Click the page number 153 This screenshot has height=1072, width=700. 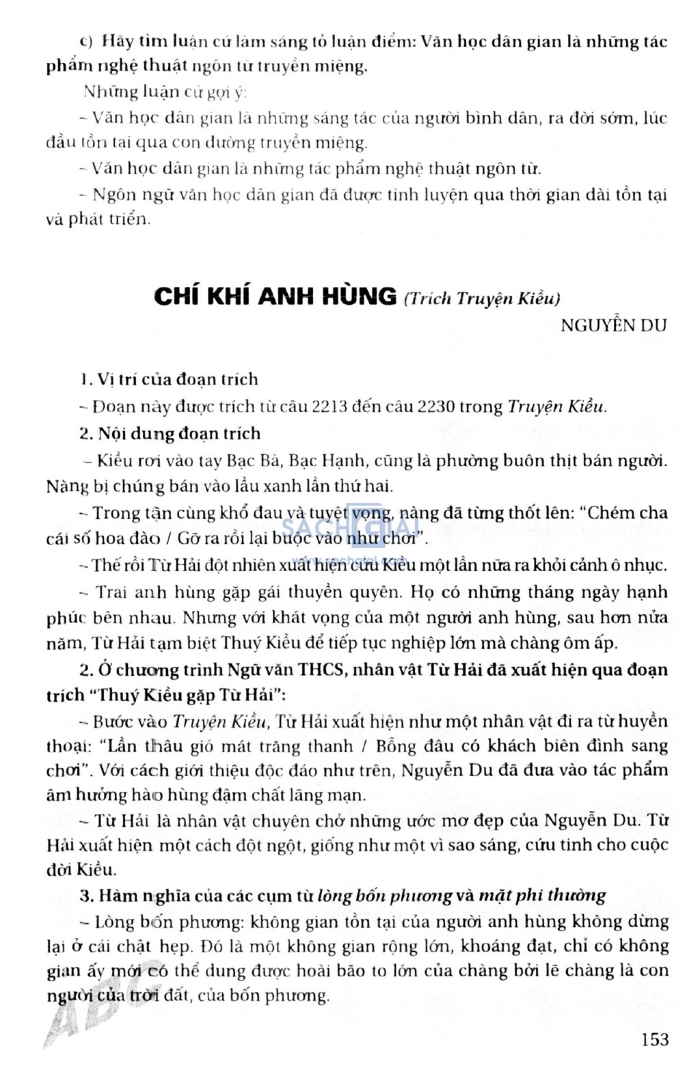(655, 1039)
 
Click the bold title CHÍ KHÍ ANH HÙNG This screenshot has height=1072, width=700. (275, 296)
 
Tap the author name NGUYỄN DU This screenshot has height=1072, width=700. (613, 326)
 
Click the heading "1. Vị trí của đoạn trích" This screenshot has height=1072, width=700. (168, 379)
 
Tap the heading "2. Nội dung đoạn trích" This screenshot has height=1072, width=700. (170, 433)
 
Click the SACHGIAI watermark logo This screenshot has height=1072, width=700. (349, 527)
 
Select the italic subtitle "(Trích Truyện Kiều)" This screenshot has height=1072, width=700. (482, 298)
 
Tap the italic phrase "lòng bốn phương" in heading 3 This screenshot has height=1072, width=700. (385, 895)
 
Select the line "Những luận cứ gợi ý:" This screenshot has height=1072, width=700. (165, 92)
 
